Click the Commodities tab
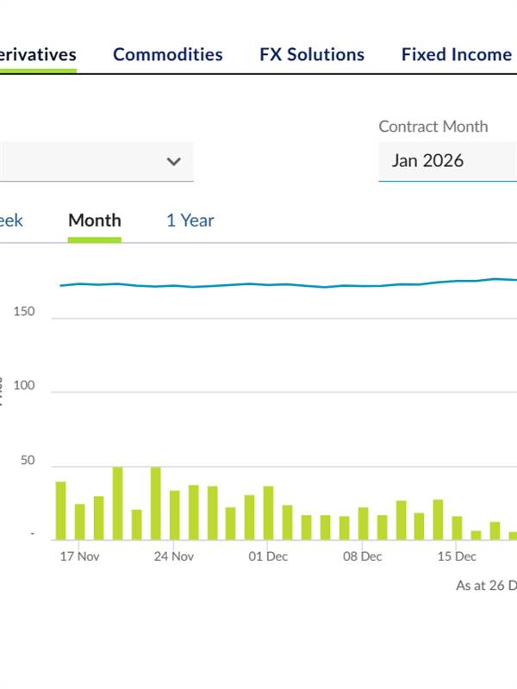click(167, 54)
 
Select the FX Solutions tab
click(312, 54)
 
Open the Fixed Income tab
click(456, 54)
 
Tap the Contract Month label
click(433, 127)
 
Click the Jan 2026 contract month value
click(427, 160)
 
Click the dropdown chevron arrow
click(174, 161)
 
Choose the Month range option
click(95, 220)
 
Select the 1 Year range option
click(190, 220)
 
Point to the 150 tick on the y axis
click(24, 312)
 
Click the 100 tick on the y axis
click(24, 386)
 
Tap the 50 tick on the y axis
click(28, 461)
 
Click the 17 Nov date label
click(79, 556)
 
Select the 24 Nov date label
click(173, 556)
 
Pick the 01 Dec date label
click(268, 556)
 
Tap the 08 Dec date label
click(362, 556)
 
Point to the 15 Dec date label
click(456, 556)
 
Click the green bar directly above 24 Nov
click(175, 515)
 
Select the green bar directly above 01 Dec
click(268, 513)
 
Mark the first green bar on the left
click(61, 511)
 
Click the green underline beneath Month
click(95, 239)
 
